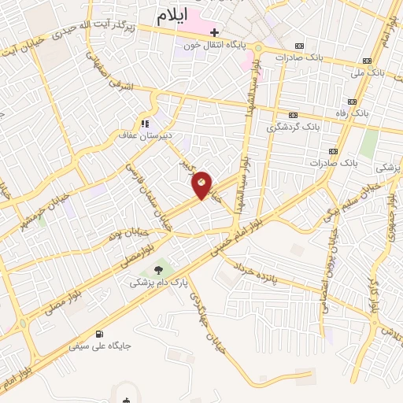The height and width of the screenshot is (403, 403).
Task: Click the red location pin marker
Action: [202, 185]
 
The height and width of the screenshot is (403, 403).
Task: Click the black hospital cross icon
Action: [212, 32]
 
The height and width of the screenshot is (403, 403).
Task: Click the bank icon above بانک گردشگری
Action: [293, 115]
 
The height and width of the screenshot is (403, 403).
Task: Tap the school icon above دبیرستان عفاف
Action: [144, 124]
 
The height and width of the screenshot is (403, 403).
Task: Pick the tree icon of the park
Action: [159, 268]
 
